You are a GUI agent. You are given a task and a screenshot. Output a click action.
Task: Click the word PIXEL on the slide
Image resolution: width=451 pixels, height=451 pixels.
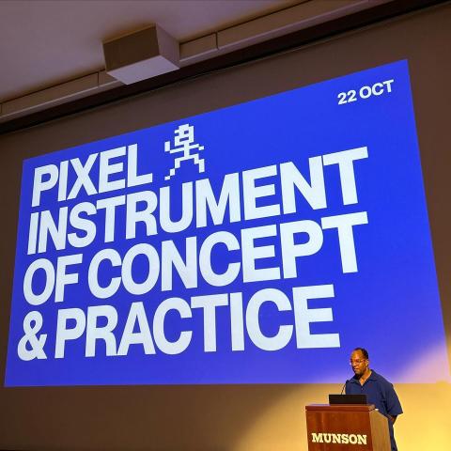(91, 178)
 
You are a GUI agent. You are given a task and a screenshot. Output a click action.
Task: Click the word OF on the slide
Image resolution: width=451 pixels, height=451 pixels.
(53, 280)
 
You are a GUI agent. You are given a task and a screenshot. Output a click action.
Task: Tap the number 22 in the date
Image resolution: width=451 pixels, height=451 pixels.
(347, 98)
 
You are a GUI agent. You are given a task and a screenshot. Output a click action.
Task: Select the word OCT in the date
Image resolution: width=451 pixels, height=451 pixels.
(376, 89)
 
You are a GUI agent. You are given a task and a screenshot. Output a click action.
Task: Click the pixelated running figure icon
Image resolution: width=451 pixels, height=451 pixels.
(184, 152)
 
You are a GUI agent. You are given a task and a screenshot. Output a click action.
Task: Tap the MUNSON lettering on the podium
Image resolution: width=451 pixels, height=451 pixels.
(339, 438)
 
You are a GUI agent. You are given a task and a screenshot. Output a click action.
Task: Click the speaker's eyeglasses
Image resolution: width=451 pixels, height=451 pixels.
(358, 362)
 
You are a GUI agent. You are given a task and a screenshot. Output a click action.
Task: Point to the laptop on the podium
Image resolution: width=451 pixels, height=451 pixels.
(348, 399)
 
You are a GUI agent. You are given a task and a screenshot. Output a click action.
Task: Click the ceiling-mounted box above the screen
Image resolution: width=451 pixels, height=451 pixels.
(142, 54)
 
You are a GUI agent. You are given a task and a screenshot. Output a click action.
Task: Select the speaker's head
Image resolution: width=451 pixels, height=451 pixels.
(360, 361)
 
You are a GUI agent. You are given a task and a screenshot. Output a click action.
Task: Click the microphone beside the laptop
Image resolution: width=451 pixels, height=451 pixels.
(344, 387)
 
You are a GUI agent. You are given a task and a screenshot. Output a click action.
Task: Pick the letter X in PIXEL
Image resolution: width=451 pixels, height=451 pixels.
(84, 179)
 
